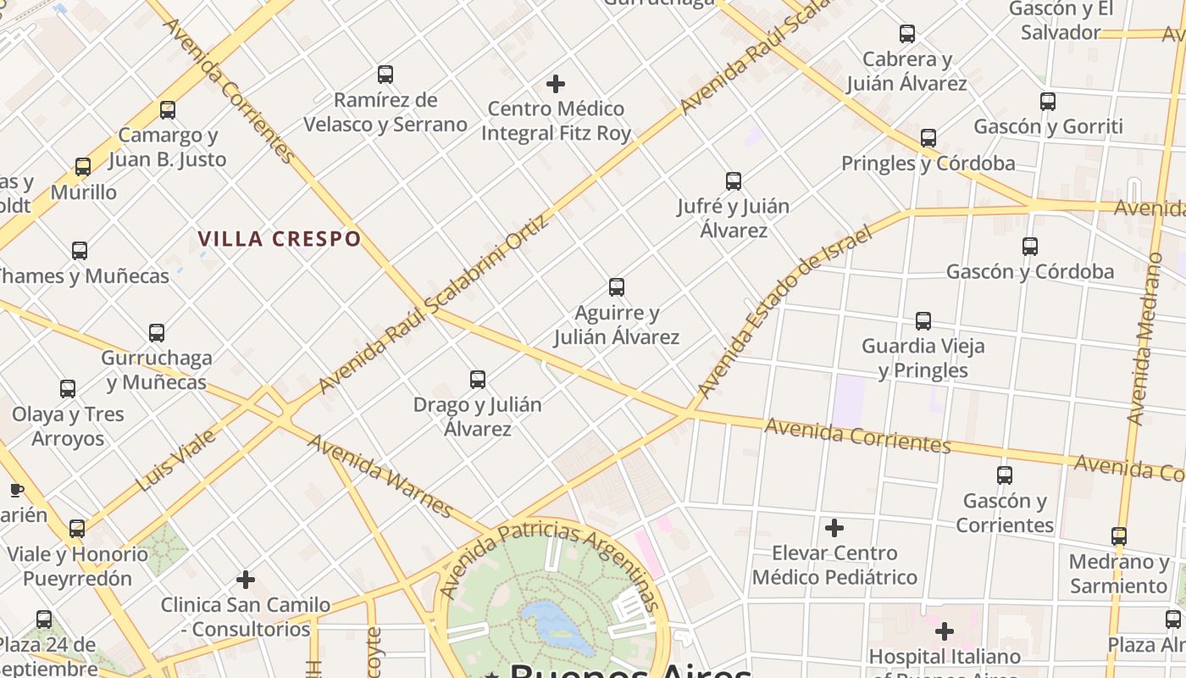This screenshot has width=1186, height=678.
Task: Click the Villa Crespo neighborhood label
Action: tap(280, 239)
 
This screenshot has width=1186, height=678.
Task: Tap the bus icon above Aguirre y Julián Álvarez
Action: tap(617, 287)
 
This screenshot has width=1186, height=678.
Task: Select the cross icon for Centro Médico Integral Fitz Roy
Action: tap(556, 84)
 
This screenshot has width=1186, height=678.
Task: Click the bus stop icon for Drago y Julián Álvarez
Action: tap(478, 380)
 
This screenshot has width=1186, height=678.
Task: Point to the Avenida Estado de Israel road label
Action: tap(784, 311)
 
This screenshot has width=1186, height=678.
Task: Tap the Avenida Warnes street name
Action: tap(380, 475)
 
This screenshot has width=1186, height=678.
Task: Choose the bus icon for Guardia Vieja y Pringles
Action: tap(923, 321)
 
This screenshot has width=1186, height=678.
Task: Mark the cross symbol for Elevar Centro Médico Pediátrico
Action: tap(834, 528)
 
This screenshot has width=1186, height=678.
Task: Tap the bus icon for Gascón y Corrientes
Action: tap(1005, 475)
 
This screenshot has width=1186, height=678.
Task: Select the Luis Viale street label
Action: tap(175, 461)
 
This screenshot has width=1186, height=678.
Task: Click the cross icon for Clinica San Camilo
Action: tap(246, 580)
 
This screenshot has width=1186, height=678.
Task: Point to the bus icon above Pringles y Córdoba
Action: tap(928, 138)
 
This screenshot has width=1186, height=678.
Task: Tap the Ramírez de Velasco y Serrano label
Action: tap(385, 112)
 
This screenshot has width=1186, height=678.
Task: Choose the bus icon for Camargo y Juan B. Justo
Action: tap(168, 110)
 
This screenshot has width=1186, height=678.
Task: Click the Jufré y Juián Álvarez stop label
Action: tap(734, 218)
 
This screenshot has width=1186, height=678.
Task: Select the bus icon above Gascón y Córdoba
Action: tap(1030, 247)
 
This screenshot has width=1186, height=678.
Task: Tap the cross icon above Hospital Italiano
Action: tap(945, 631)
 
